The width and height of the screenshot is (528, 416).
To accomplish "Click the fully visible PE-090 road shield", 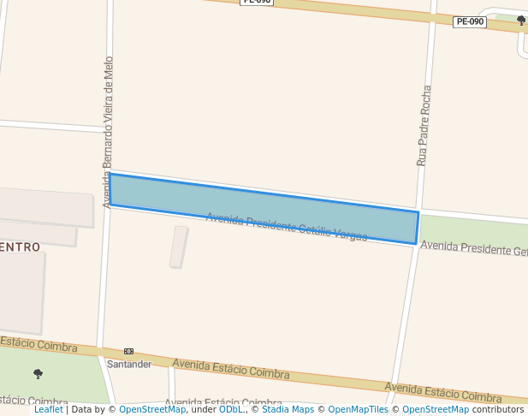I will [470, 22].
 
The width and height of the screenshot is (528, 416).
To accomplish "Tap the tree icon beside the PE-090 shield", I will [521, 21].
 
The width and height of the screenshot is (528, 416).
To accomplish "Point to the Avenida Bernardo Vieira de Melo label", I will [108, 132].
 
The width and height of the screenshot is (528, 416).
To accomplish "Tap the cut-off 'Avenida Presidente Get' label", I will [474, 248].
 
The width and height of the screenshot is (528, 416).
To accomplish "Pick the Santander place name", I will [129, 364].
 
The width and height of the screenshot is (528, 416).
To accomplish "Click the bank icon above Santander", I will [129, 351].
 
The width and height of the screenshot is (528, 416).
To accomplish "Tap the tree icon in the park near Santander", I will [38, 373].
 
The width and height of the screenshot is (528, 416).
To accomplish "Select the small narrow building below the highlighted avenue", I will [178, 247].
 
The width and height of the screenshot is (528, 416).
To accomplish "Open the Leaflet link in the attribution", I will [49, 409].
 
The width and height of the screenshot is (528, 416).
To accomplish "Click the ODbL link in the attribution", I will [230, 409].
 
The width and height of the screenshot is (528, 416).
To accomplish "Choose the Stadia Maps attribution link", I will [288, 409].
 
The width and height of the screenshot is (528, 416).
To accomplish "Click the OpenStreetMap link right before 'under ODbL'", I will [152, 409].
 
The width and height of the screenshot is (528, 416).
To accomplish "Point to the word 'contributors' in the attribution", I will [498, 409].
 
